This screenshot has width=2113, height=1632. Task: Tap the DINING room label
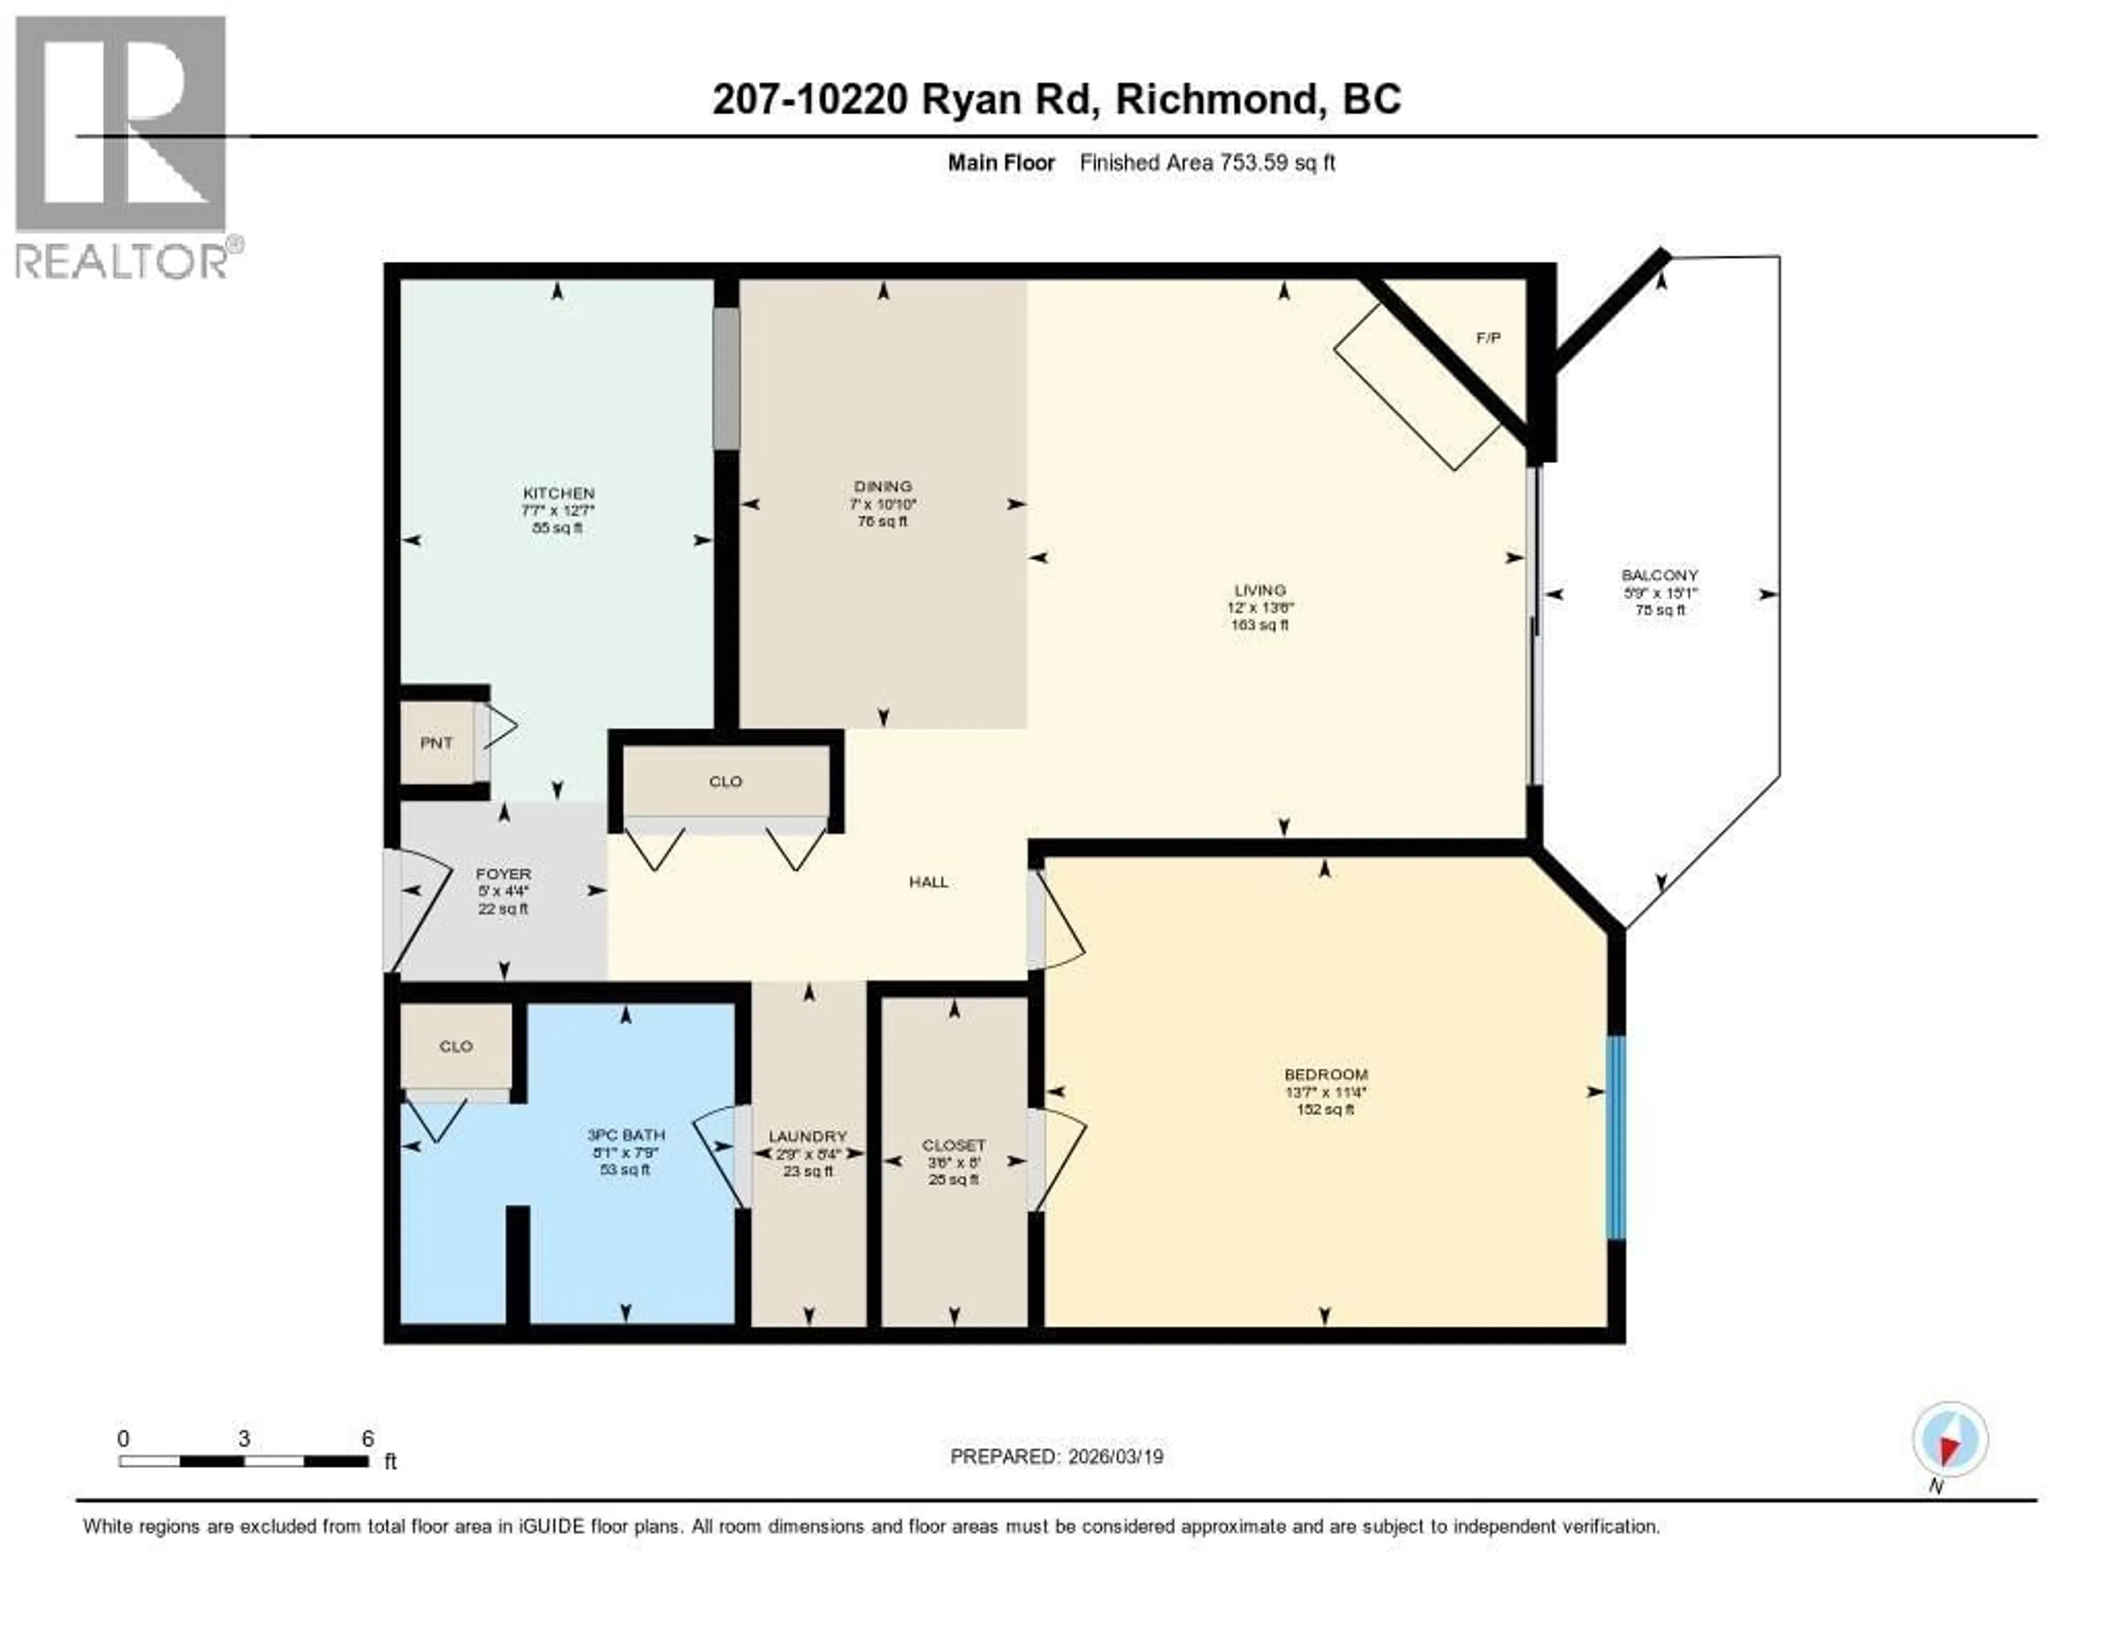[883, 486]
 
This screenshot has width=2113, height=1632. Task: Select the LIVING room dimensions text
[1260, 607]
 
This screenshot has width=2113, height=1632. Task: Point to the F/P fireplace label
[1488, 338]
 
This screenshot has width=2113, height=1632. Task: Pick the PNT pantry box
[436, 743]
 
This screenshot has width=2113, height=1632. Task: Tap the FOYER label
[503, 874]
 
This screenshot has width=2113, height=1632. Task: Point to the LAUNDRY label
[808, 1137]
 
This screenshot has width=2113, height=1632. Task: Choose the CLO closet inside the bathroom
[456, 1047]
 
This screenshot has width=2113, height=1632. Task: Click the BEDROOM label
[1326, 1074]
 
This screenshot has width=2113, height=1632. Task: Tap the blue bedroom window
[1615, 1138]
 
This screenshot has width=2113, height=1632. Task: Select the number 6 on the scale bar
[368, 1438]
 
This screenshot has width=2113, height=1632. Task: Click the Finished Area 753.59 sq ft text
[1207, 162]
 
